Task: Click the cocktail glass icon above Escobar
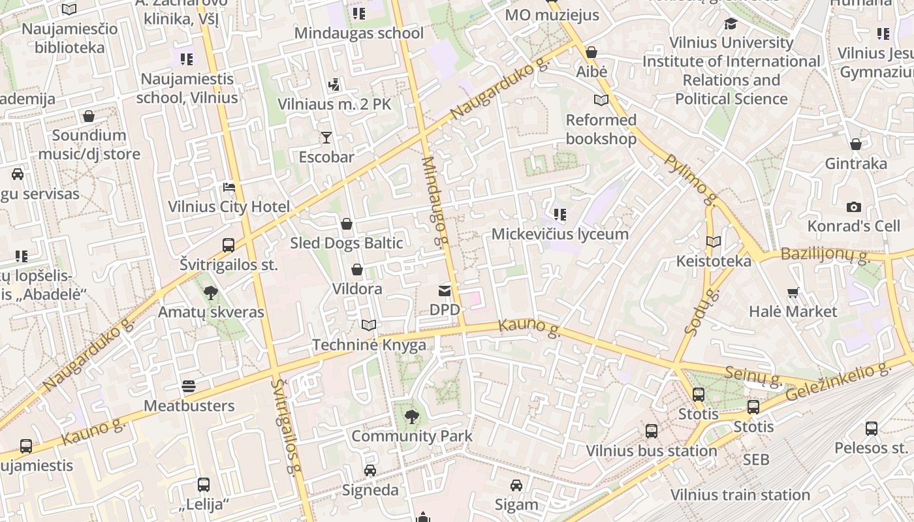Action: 326,137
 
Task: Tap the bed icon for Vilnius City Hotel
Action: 228,187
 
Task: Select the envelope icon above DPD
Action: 445,290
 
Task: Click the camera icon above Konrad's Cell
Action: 853,207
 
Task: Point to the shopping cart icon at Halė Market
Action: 793,292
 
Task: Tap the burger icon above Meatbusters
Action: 189,386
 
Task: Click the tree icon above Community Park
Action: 411,416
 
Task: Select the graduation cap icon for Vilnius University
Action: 731,24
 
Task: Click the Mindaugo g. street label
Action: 434,201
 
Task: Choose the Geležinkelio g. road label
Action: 838,382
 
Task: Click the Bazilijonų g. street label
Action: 825,254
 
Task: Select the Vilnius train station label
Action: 740,495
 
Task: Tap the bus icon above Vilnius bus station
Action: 651,431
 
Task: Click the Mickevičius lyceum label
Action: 559,234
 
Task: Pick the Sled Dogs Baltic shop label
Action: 346,243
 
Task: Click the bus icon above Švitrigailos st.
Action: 228,245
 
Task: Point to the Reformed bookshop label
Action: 601,129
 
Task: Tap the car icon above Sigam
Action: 516,485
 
